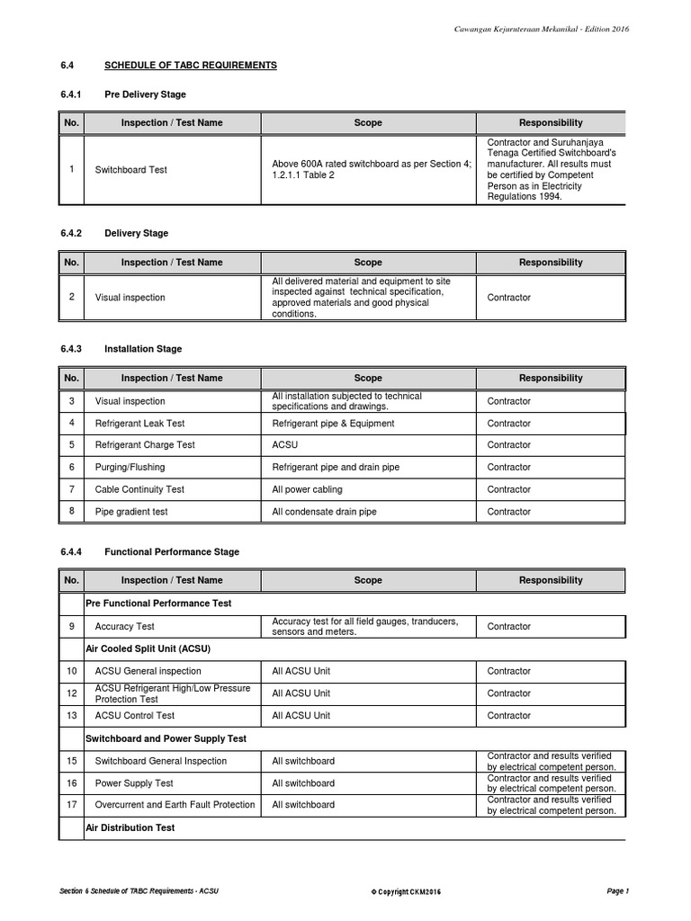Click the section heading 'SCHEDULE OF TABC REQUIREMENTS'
click(191, 66)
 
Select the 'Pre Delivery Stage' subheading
click(145, 94)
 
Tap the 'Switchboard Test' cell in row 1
click(130, 170)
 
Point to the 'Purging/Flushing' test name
click(130, 468)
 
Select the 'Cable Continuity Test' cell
click(139, 489)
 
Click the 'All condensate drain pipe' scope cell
click(324, 512)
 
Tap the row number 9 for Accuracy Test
click(71, 626)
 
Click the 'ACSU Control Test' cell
click(136, 716)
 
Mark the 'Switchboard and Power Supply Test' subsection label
click(166, 738)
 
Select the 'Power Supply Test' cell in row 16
click(134, 783)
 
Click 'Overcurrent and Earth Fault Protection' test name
click(175, 805)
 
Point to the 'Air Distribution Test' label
click(130, 827)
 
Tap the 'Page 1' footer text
click(617, 890)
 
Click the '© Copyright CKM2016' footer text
click(406, 891)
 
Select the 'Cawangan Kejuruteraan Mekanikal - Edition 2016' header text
click(542, 29)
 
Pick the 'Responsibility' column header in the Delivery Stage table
click(551, 263)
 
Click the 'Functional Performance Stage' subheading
click(172, 551)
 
